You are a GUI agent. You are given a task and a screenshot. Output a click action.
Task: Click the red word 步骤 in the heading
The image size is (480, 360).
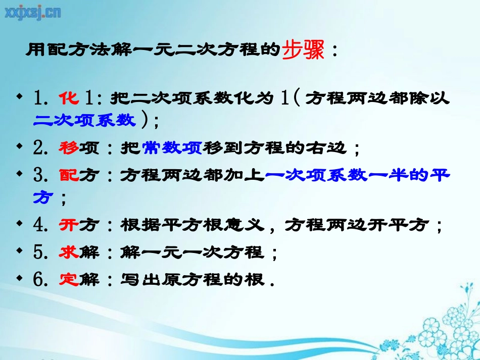[x=302, y=50]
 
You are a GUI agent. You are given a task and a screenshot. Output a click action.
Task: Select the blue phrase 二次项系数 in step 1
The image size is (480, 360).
[x=84, y=120]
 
